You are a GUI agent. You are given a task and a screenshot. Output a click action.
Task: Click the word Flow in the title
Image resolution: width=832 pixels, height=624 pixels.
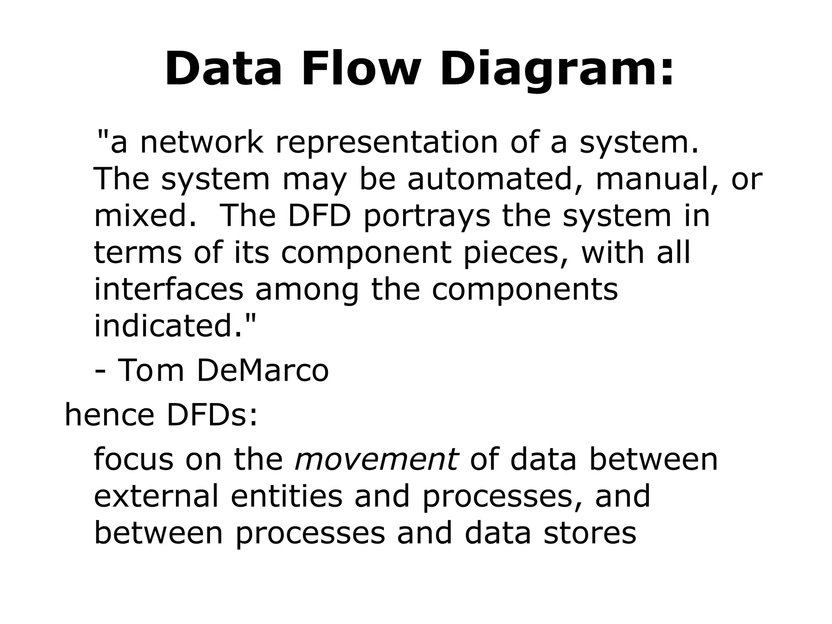click(x=360, y=68)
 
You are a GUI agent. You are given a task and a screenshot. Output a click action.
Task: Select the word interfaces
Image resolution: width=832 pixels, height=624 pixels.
click(x=168, y=289)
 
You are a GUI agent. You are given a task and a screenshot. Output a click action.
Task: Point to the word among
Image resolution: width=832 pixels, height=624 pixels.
click(x=307, y=289)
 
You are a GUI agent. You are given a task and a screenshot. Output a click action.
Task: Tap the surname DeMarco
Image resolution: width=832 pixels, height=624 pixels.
click(x=262, y=370)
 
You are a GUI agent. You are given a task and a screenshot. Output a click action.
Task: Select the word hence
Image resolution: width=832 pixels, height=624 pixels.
click(x=109, y=415)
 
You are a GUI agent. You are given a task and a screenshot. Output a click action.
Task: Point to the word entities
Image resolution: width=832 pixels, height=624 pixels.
click(x=287, y=496)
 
